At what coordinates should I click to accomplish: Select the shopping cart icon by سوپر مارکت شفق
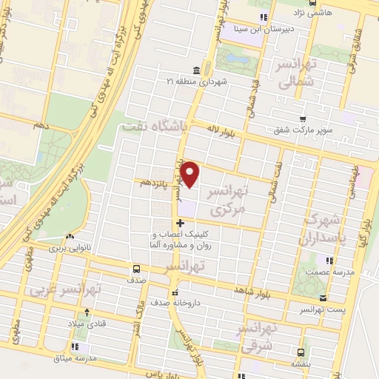tap(302, 118)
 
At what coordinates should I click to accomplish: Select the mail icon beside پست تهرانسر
tap(322, 297)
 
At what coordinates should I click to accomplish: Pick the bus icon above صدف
tap(135, 269)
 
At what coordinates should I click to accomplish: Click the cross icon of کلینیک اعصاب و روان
tap(180, 224)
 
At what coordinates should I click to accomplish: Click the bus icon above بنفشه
tap(300, 352)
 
